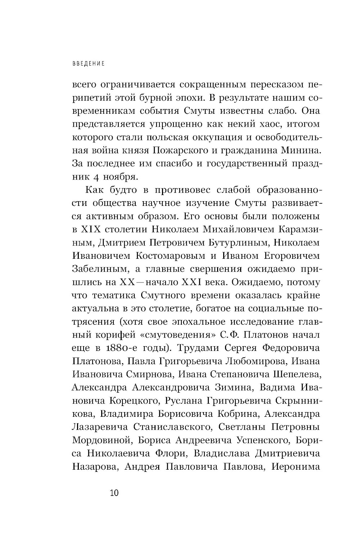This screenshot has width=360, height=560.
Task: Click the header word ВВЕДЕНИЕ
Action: click(89, 64)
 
